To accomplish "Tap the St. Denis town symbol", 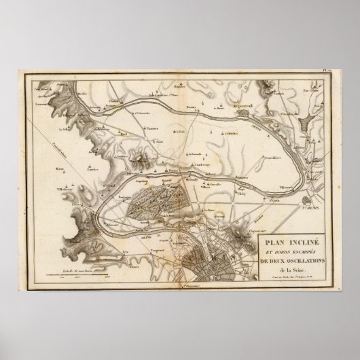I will tap(309, 201).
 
